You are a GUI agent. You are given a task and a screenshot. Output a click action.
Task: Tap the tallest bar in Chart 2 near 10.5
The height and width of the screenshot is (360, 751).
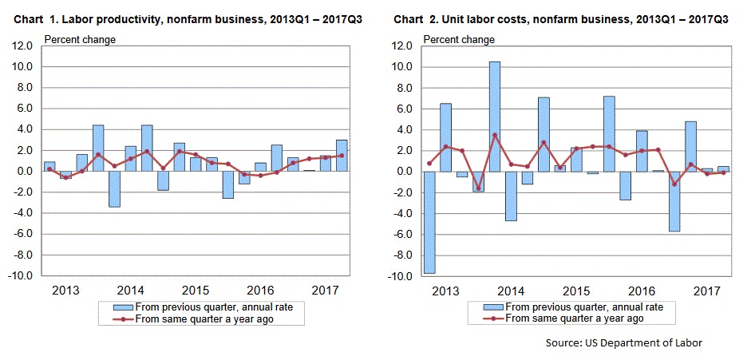click(494, 116)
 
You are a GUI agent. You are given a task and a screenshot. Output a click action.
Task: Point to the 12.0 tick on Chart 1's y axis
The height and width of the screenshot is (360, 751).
click(22, 45)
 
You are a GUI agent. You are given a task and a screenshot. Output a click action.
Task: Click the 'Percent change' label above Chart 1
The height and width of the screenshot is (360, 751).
click(80, 38)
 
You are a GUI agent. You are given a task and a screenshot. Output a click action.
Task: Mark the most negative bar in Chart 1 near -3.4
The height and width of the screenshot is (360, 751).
click(114, 188)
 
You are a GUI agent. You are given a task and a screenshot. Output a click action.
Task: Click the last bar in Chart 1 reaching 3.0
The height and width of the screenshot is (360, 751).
click(341, 155)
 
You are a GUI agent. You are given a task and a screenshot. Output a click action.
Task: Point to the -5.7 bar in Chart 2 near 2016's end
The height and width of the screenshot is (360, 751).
click(674, 201)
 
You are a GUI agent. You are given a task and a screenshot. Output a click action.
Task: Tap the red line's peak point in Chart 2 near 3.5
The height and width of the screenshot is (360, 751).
click(494, 135)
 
